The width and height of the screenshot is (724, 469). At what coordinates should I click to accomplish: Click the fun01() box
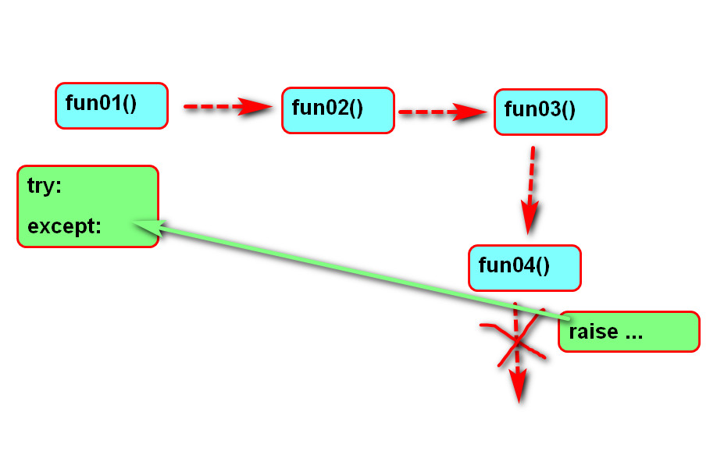(x=111, y=105)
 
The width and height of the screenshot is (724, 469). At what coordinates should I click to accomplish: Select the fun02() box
(x=337, y=110)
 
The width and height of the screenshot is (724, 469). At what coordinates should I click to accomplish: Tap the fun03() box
(x=550, y=112)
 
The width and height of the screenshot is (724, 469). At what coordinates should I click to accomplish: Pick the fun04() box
(x=524, y=268)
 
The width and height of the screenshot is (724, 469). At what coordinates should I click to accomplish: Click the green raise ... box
(x=629, y=332)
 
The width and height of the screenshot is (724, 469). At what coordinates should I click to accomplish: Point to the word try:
(x=45, y=186)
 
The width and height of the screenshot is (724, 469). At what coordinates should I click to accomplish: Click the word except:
(x=64, y=226)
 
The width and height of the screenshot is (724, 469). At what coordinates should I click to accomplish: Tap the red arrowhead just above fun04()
(x=530, y=219)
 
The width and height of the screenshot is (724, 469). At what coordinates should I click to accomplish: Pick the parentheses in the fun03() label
(x=569, y=109)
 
